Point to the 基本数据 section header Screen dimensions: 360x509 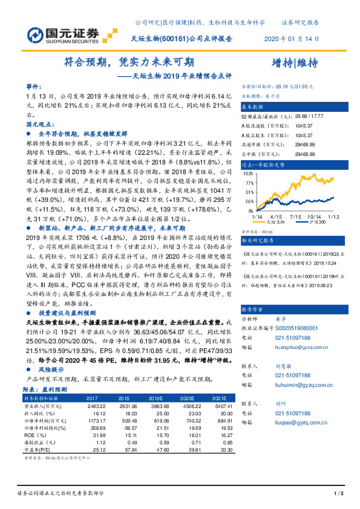(254, 106)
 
